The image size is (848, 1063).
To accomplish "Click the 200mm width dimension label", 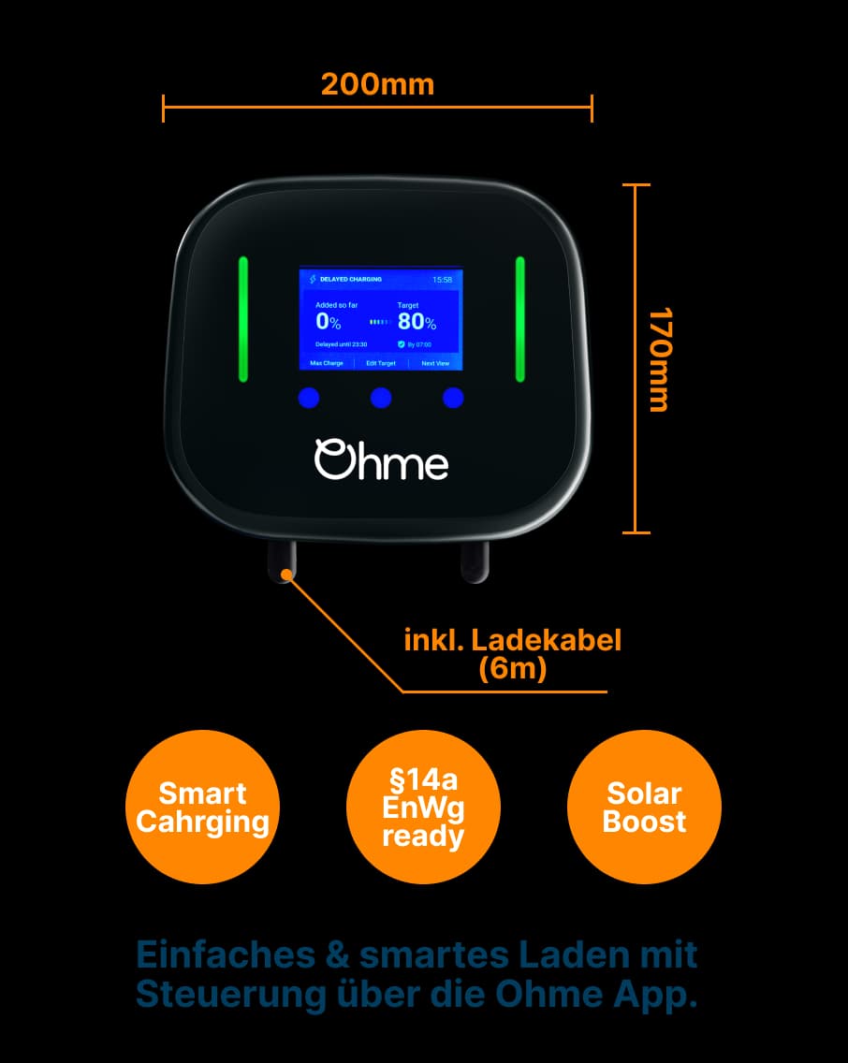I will tap(377, 84).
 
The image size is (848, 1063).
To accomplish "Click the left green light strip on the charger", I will tap(243, 319).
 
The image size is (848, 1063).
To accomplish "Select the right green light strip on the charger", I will tap(520, 319).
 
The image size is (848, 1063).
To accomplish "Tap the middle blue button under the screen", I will tap(381, 398).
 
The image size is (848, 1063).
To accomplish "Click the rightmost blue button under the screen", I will tap(453, 398).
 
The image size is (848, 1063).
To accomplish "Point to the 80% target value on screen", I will tap(417, 322).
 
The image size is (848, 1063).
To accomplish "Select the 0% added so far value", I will tap(329, 322).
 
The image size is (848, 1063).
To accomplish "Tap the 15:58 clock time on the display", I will tap(442, 280).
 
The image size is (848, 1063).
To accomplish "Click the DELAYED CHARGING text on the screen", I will tap(351, 280).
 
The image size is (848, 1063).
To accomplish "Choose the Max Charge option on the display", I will tap(327, 363).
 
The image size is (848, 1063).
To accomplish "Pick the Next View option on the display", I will tap(435, 363).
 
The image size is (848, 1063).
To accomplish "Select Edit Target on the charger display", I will tap(381, 363).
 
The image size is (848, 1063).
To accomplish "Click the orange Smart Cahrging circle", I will tap(202, 807).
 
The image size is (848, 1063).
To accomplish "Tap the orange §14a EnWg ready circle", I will tap(423, 807).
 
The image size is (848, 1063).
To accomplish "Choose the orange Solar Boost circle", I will tap(644, 807).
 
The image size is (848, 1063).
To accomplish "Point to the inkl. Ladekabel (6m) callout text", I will tap(512, 654).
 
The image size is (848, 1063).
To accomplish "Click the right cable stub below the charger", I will tap(474, 561).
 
